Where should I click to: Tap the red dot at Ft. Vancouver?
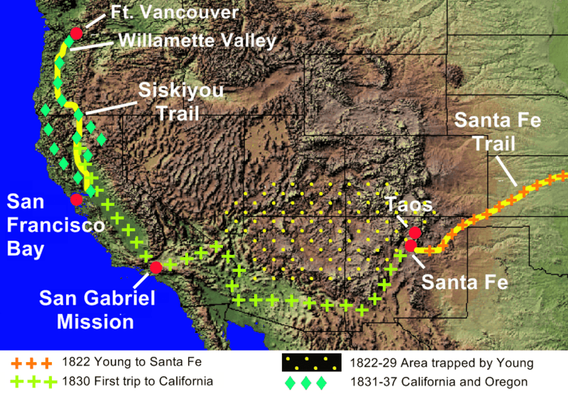coord(76,33)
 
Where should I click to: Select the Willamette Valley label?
coord(196,40)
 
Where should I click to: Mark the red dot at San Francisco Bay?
coord(76,199)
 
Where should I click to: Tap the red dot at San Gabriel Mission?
coord(155,267)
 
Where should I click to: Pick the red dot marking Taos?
coord(415,232)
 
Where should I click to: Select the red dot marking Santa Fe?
coord(410,246)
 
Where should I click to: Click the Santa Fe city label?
coord(465,282)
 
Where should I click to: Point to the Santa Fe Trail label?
coord(497,131)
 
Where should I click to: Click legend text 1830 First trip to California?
coord(137,381)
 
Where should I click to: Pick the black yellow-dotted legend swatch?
coord(312,363)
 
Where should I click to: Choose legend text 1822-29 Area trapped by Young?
coord(441,363)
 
